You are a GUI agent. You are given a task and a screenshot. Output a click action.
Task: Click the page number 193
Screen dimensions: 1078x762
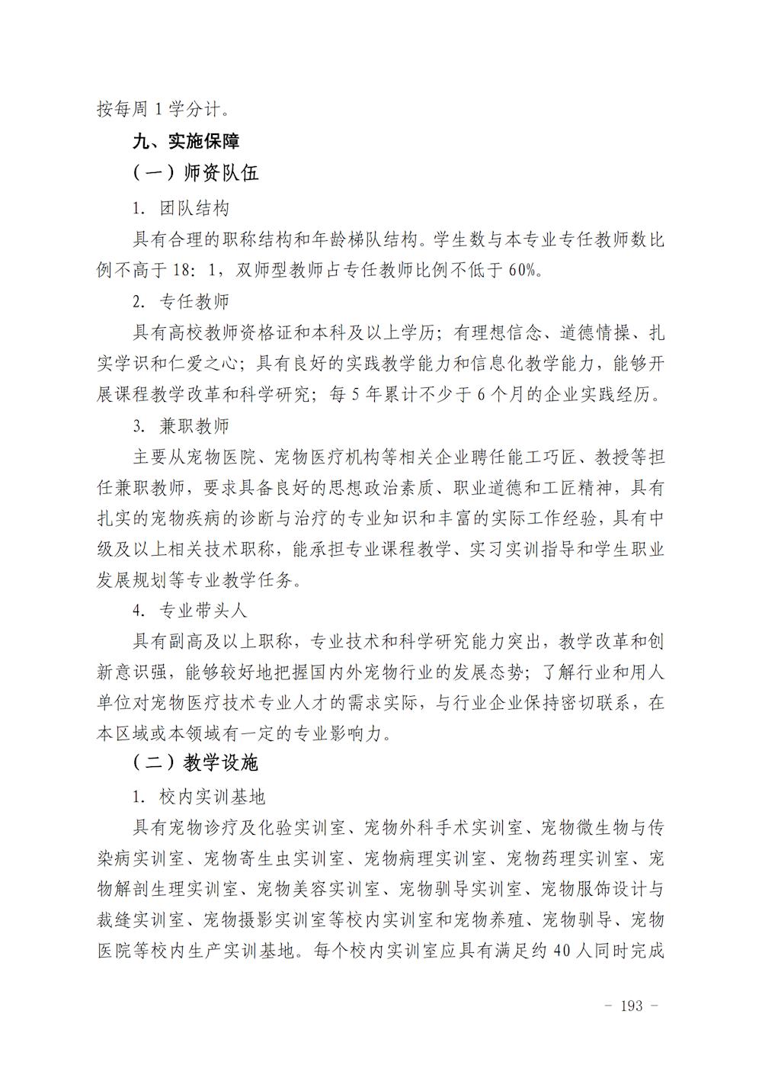[x=632, y=1006]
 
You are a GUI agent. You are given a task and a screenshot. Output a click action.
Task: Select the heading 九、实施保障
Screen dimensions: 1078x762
[x=186, y=141]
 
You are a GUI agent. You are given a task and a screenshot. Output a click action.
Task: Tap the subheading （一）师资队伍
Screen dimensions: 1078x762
[x=195, y=173]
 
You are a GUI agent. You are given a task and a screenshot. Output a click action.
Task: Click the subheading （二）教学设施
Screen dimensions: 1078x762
[x=195, y=762]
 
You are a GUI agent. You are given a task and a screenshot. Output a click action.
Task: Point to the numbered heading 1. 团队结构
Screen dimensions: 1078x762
[x=181, y=208]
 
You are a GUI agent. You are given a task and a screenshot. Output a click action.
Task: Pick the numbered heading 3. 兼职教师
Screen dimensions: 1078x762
[x=181, y=425]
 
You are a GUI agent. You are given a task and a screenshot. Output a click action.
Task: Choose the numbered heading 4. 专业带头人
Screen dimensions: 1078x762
[x=190, y=610]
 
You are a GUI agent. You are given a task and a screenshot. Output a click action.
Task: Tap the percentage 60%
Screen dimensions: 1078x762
[x=523, y=270]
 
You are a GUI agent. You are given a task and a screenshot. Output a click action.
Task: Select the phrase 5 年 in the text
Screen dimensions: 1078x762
[x=365, y=394]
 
